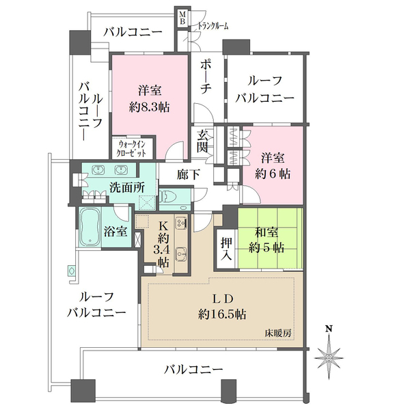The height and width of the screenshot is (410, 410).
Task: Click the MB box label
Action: coord(183,17)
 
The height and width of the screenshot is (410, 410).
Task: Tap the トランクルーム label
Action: coord(213,26)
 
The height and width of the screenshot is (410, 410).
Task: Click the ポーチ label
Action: coord(206,77)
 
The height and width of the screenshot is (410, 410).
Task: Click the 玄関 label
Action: coord(203,141)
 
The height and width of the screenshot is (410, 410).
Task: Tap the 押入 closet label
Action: coord(226,250)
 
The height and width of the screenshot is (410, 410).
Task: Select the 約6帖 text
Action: coord(273,174)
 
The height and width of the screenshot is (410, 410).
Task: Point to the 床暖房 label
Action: coord(279,334)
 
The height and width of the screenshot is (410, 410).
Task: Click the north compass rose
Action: coord(329,357)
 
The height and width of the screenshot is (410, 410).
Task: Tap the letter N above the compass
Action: coord(329,329)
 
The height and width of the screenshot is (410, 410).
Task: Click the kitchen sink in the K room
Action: coord(181,254)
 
